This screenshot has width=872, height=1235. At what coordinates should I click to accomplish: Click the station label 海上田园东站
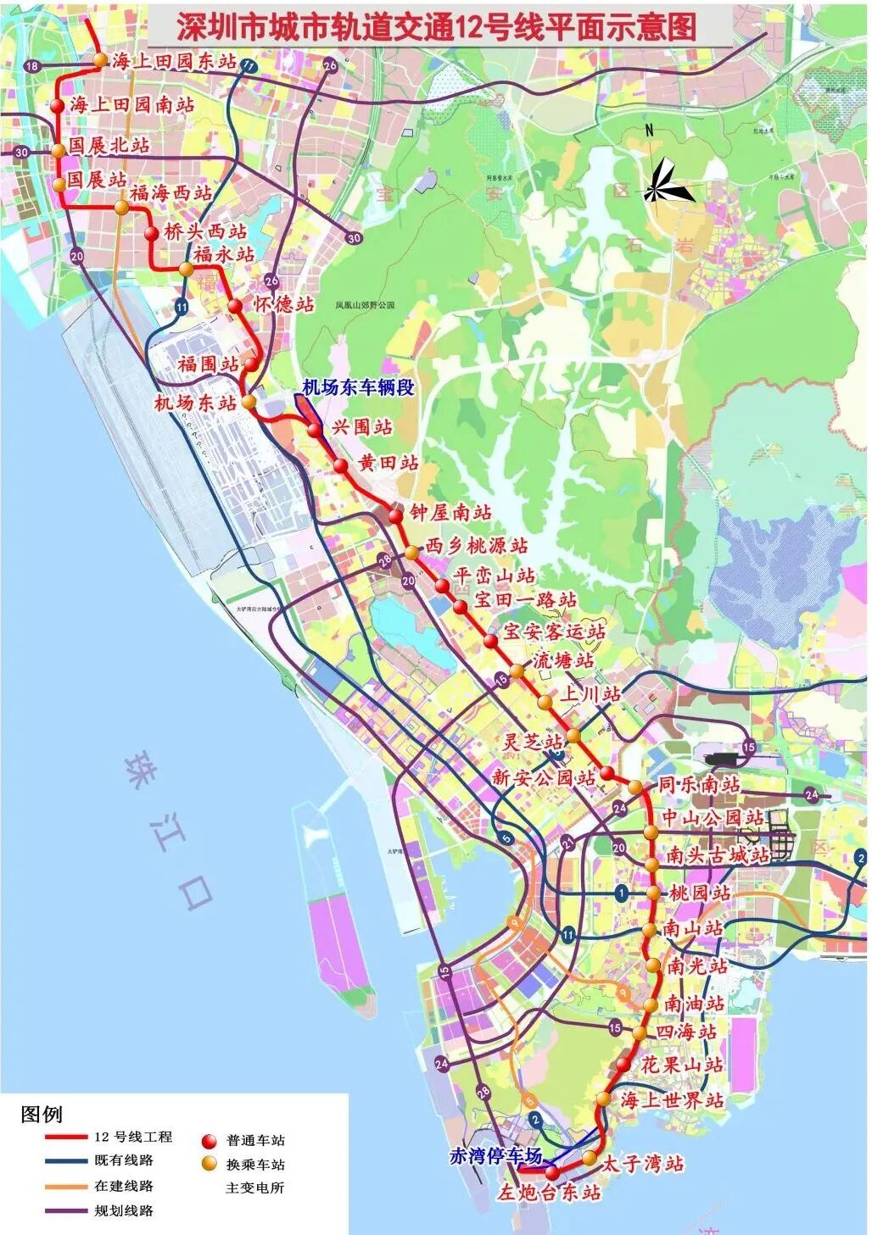pyautogui.click(x=174, y=61)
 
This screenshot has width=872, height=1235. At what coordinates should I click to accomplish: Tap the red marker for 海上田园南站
pyautogui.click(x=57, y=106)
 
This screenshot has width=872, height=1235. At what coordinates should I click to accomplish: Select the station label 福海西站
pyautogui.click(x=170, y=192)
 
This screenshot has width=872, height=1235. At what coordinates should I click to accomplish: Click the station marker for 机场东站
pyautogui.click(x=249, y=403)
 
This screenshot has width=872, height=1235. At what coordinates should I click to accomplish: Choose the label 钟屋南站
pyautogui.click(x=450, y=512)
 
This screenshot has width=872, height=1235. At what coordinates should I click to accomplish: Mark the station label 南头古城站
pyautogui.click(x=718, y=855)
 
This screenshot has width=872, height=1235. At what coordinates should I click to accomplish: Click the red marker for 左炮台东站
pyautogui.click(x=552, y=1173)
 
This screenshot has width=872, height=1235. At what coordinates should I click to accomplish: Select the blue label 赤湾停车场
pyautogui.click(x=495, y=1155)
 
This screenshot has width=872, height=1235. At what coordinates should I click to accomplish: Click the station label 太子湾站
pyautogui.click(x=642, y=1164)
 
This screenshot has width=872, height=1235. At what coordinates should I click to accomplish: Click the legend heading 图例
pyautogui.click(x=42, y=1113)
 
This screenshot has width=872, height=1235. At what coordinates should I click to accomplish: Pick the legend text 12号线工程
pyautogui.click(x=133, y=1137)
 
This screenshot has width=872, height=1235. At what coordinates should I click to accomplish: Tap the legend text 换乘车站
pyautogui.click(x=255, y=1165)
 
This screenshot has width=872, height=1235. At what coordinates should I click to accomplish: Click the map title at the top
pyautogui.click(x=436, y=27)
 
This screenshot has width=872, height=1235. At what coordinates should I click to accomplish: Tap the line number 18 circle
pyautogui.click(x=32, y=66)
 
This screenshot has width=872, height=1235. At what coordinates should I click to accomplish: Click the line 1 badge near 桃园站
pyautogui.click(x=622, y=893)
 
